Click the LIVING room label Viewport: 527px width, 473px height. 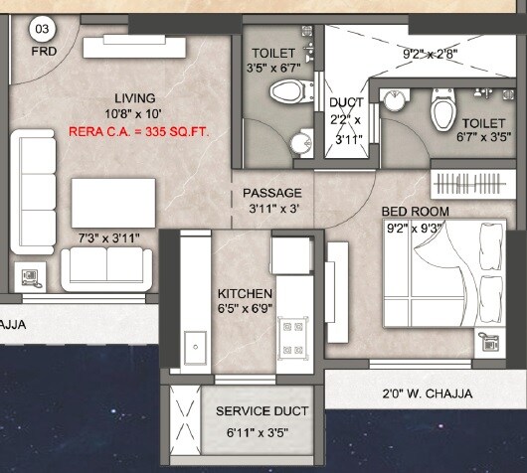tap(134, 97)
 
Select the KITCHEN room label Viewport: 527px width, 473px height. tap(246, 293)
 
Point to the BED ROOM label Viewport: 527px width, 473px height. tap(416, 211)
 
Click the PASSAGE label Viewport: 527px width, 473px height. tap(272, 193)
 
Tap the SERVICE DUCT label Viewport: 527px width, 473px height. tap(263, 410)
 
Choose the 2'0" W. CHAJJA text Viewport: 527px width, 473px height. tap(429, 394)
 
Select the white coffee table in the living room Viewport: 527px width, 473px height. tap(111, 202)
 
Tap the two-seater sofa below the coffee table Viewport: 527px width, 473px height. tap(106, 266)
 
